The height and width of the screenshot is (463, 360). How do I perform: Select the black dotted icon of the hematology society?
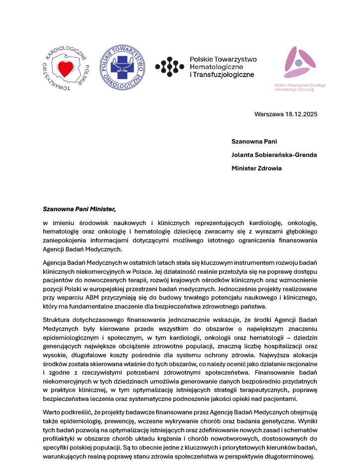coord(170,67)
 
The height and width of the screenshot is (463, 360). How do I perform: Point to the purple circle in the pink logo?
coord(298,63)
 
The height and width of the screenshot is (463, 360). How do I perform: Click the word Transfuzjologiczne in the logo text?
coord(224,75)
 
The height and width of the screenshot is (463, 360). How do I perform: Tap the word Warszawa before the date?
coord(268,114)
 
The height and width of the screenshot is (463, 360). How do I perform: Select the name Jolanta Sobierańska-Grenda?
coord(274,154)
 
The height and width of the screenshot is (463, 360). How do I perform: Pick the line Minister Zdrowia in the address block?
coord(256,168)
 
